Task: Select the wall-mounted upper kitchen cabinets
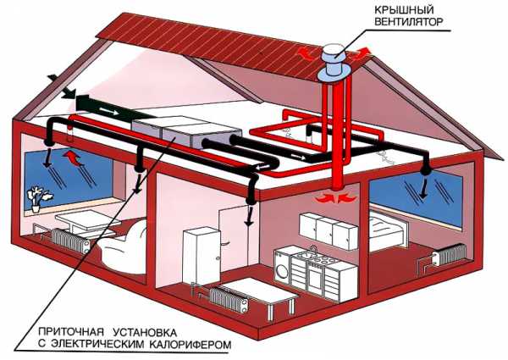327,227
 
